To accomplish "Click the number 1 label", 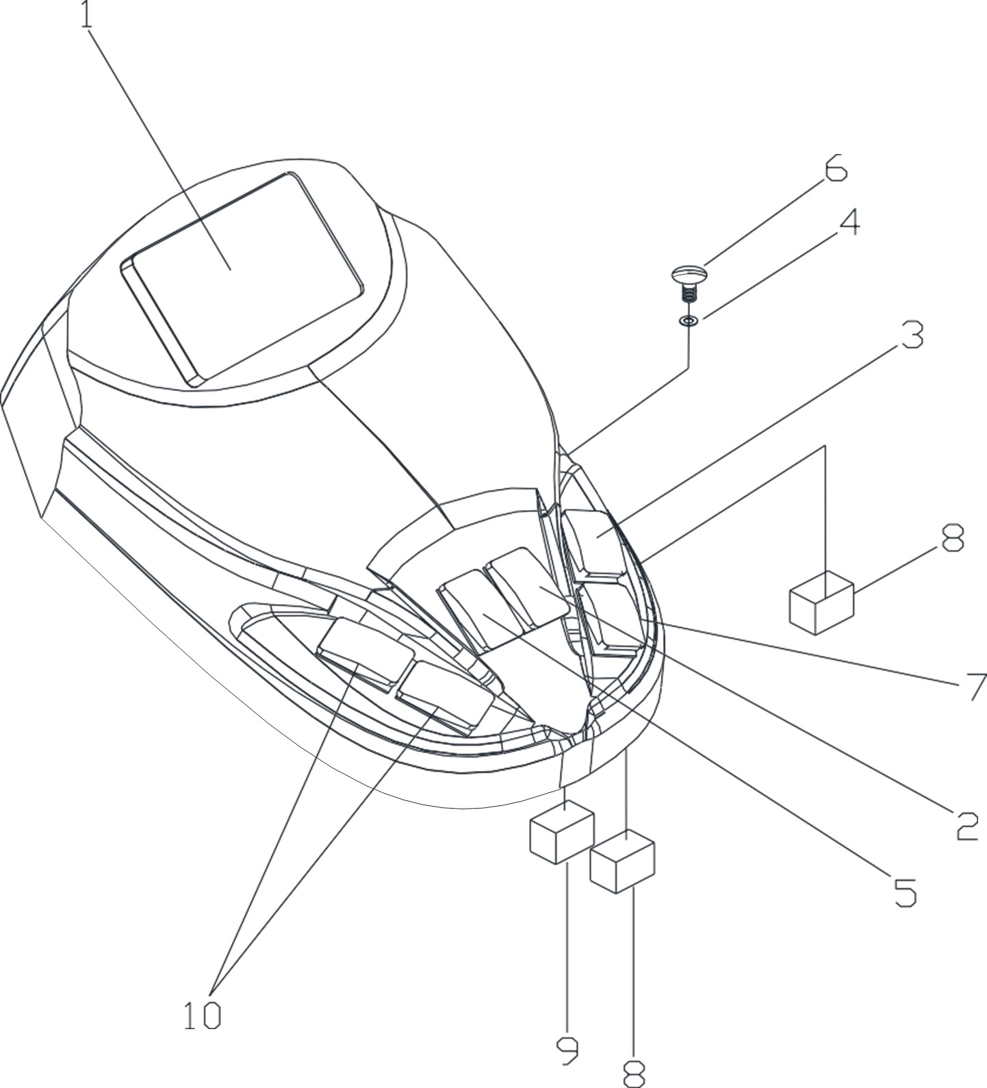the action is pos(86,15).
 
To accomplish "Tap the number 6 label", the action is pos(835,168).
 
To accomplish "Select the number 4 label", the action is pos(849,222).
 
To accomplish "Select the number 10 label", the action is pos(203,1015).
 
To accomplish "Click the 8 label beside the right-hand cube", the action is pos(952,537).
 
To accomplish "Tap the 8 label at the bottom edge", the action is pos(634,1074).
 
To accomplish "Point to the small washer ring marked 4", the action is pos(689,320).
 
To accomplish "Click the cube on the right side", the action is pos(821,602).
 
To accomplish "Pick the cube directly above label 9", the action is pos(561,831).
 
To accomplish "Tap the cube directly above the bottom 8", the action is pos(622,861).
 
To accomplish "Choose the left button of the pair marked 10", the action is pos(366,651).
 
